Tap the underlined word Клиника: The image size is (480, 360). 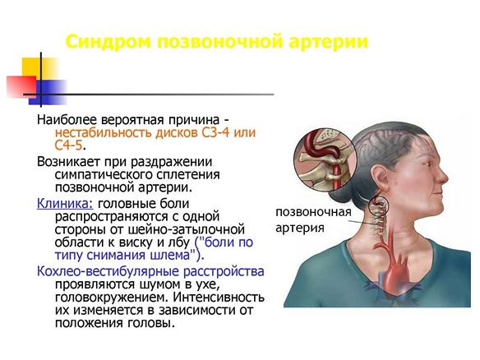(x=65, y=204)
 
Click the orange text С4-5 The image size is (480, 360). (x=69, y=145)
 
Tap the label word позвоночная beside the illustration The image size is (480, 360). (x=313, y=212)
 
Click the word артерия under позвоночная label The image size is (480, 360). (x=300, y=228)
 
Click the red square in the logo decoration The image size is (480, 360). (x=21, y=87)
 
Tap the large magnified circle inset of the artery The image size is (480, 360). (x=325, y=160)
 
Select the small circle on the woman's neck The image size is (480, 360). (x=378, y=205)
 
